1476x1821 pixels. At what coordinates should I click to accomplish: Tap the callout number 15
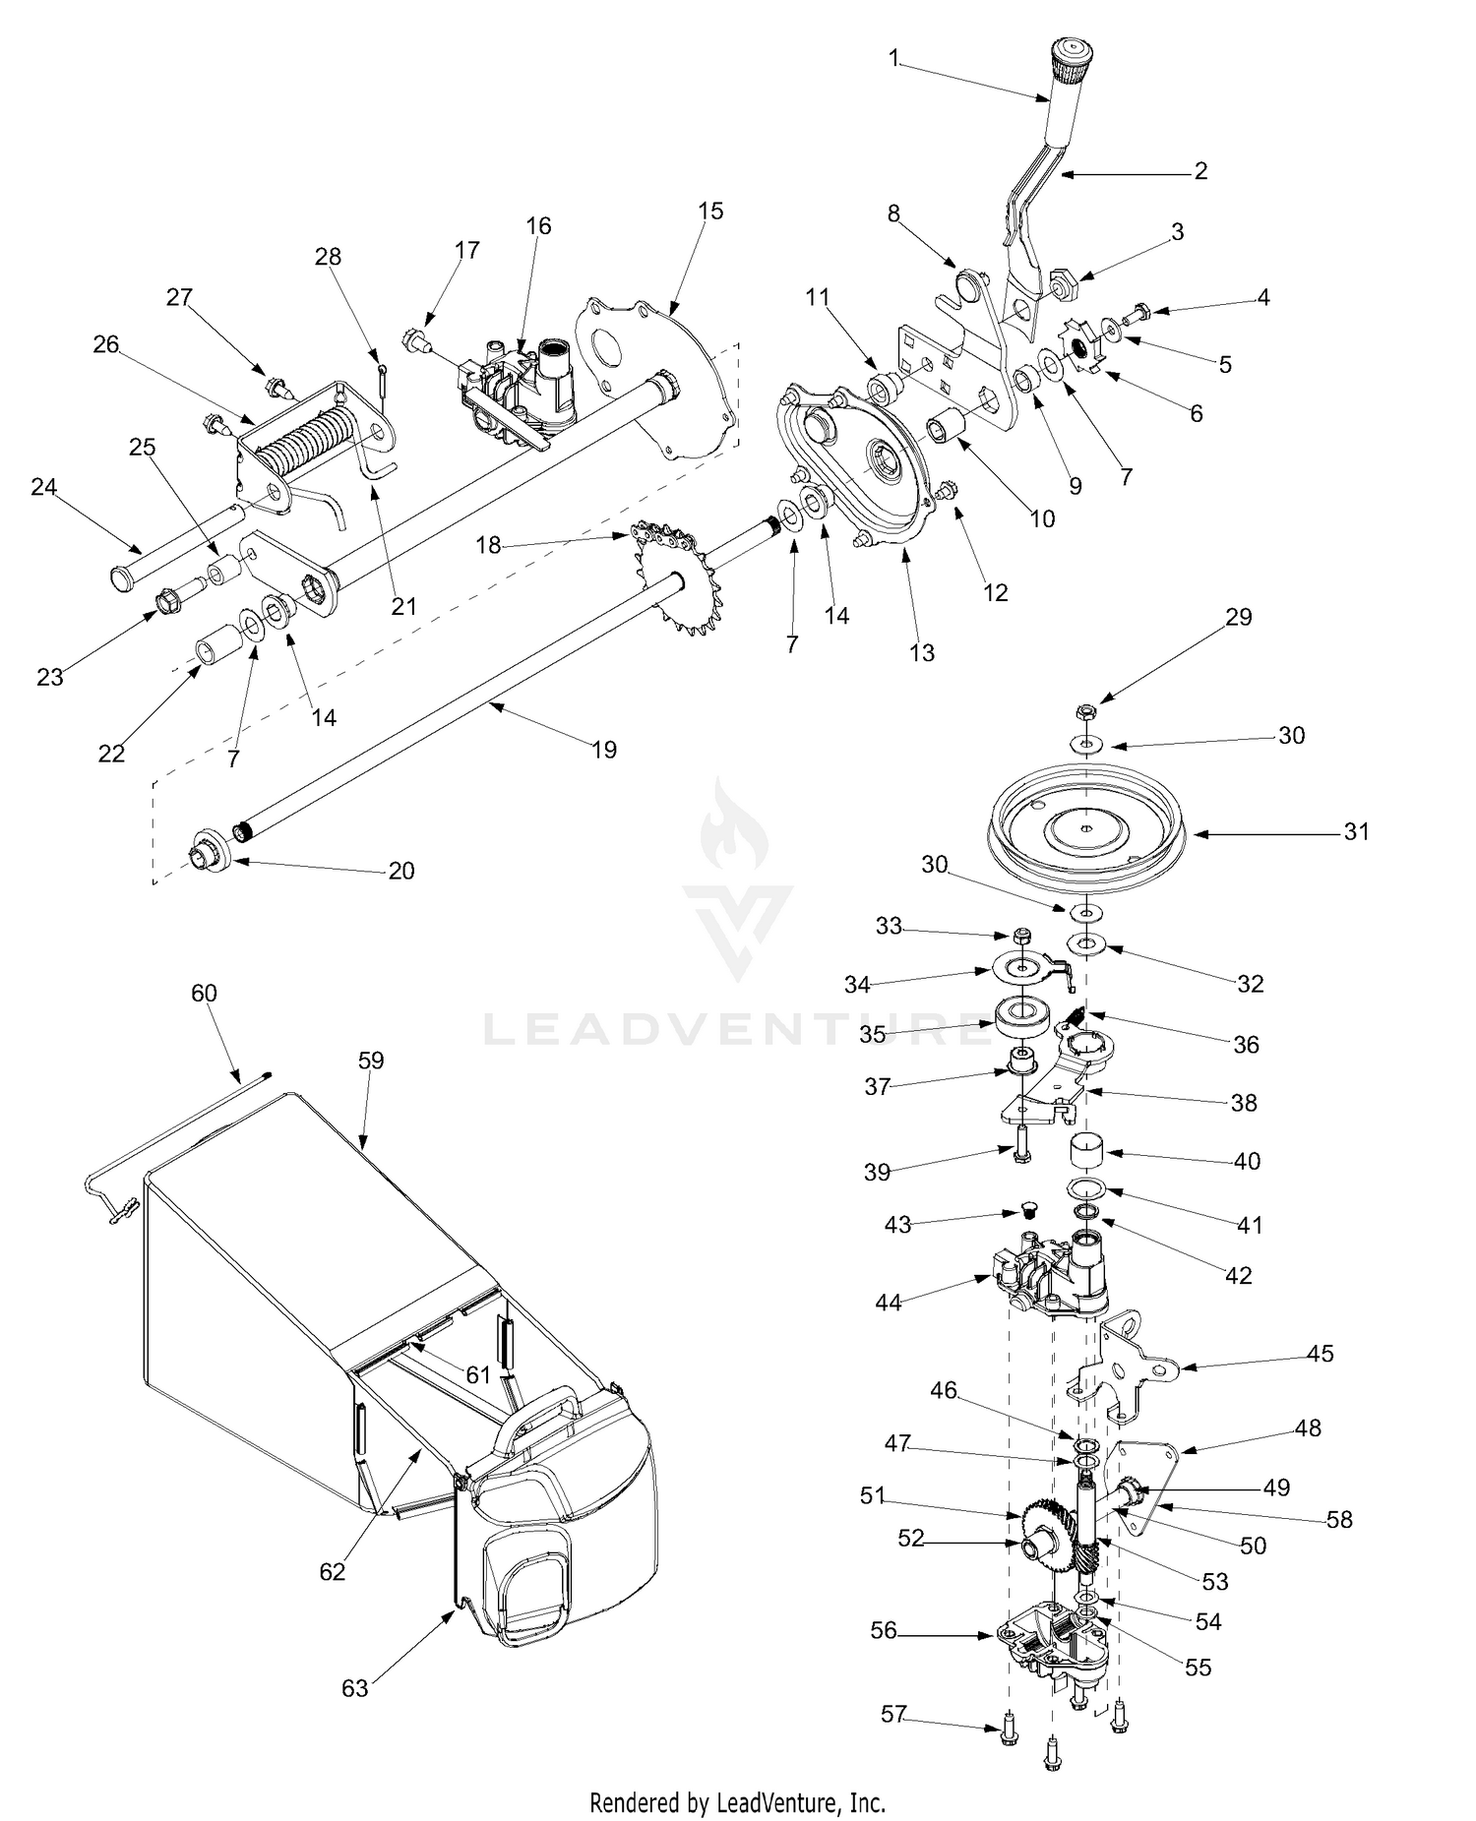click(x=710, y=211)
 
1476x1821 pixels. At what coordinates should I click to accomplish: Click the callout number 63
click(x=354, y=1688)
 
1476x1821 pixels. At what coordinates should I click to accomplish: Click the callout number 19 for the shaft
click(x=604, y=750)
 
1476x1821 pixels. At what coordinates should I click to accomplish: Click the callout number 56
click(x=884, y=1630)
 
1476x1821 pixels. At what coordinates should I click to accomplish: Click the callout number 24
click(x=43, y=487)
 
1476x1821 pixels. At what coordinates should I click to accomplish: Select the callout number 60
click(x=204, y=994)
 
